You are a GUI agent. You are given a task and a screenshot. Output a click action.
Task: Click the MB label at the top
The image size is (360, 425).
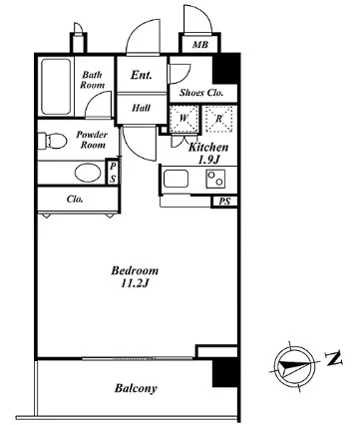pos(200,44)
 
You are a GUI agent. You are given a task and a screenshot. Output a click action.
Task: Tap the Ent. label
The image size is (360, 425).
pos(142,75)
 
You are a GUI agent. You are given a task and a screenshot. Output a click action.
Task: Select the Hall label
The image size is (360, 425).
pos(141,108)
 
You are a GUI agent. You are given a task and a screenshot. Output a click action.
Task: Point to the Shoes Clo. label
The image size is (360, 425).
pos(201,93)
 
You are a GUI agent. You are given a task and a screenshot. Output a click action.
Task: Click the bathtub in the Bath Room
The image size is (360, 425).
pos(56,87)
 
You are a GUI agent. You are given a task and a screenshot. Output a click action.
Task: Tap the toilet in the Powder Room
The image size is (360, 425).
pos(52,141)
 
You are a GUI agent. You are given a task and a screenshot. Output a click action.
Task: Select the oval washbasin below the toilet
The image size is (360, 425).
pos(88,173)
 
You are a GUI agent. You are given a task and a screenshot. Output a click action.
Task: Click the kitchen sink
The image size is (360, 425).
pos(176,179)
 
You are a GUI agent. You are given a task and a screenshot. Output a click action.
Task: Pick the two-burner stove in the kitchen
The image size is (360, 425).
pos(215,179)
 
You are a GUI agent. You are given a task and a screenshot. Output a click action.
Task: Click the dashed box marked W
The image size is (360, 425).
pos(183,119)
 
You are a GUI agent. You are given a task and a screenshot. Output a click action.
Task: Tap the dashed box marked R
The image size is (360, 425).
pos(218,119)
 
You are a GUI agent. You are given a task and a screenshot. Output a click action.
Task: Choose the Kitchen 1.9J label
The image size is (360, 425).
pos(208,154)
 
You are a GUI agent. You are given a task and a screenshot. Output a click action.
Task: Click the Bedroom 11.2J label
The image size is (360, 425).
pos(135,276)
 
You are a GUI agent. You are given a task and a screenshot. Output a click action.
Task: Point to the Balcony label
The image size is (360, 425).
pos(136,388)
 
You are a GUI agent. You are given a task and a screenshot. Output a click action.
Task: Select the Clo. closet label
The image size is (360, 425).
pos(75,200)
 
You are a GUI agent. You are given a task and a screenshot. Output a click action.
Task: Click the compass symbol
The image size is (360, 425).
pos(294,366)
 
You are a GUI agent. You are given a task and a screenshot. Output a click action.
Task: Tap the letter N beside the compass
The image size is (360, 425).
pos(334,359)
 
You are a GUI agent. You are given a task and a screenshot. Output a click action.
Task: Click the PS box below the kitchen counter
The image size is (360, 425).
pos(224,202)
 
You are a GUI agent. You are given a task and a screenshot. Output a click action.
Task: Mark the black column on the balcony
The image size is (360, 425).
pos(225,373)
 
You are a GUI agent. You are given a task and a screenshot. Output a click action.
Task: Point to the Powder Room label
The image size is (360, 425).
pos(92,140)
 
